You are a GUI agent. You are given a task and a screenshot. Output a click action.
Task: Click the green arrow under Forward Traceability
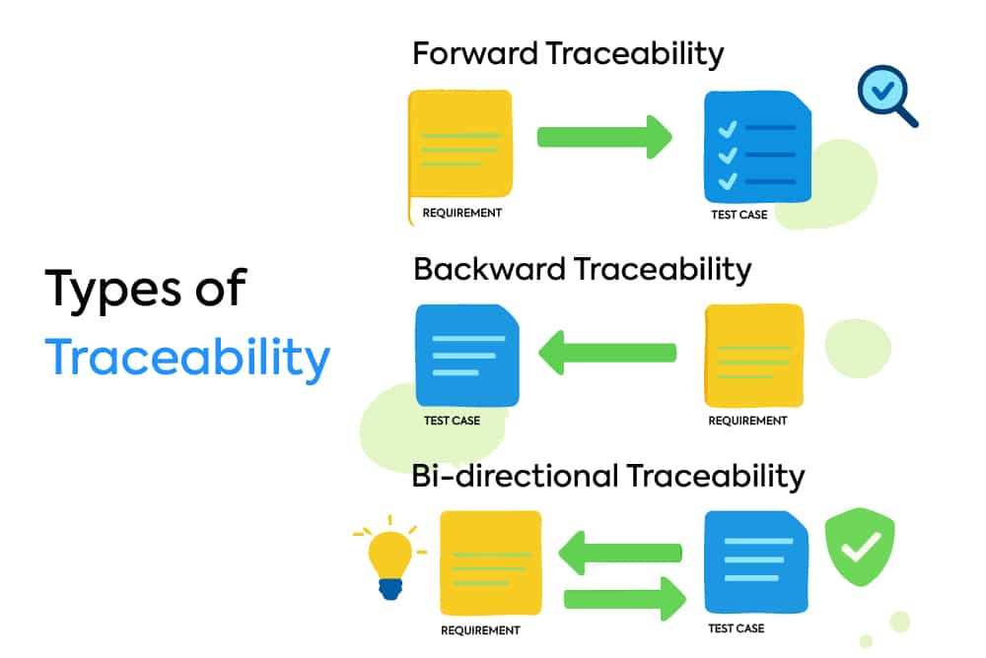coord(603,136)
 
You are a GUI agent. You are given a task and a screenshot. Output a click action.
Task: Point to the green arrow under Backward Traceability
coord(607,352)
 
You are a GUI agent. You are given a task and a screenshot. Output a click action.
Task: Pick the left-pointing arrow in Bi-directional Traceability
coord(620,554)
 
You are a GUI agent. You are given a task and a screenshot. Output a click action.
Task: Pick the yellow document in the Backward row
coord(753,355)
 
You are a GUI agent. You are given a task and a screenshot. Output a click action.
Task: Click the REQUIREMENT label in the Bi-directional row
coord(480,630)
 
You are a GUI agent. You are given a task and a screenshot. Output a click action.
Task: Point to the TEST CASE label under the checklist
coord(739,214)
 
